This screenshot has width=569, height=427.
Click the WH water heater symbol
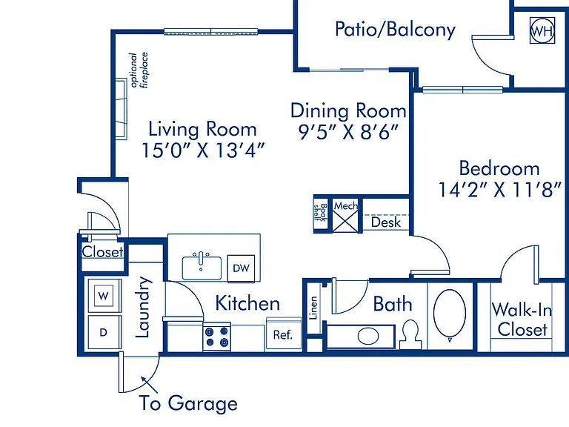tap(542, 30)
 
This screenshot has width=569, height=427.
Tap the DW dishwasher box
tap(241, 268)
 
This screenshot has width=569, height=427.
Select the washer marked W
tap(104, 296)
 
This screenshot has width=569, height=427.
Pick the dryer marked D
tap(104, 332)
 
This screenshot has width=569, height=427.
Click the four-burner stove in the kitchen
tap(216, 337)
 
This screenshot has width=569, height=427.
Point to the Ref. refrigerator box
tap(284, 334)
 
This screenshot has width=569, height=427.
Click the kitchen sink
tap(202, 267)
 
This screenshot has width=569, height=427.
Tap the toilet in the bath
tap(410, 334)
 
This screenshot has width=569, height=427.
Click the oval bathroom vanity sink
tap(368, 336)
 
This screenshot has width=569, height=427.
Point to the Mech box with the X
tap(345, 216)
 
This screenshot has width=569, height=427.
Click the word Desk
tap(386, 222)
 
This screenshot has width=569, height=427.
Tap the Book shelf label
tap(321, 213)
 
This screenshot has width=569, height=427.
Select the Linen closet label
tap(313, 308)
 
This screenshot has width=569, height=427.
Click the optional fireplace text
tap(139, 70)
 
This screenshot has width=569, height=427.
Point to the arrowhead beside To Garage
tap(144, 380)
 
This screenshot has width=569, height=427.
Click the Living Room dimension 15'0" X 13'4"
tap(203, 150)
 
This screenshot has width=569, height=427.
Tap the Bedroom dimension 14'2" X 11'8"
tap(500, 189)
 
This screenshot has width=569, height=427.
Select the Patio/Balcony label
tap(395, 30)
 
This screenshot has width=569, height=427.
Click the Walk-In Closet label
tap(522, 320)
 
